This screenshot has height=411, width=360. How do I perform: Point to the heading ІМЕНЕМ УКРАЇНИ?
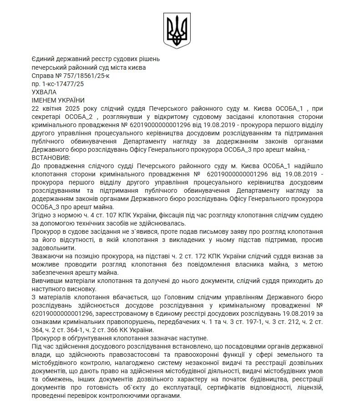[58, 100]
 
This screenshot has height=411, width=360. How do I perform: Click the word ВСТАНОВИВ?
[49, 157]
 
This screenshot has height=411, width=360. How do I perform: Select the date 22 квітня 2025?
[53, 108]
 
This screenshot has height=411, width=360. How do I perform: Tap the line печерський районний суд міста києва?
[89, 67]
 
